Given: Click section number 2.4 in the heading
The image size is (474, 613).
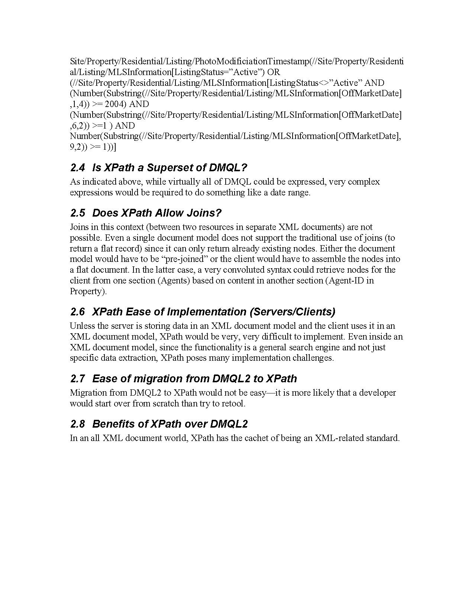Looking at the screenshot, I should [x=77, y=168].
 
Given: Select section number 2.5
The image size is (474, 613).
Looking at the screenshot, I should [x=77, y=213].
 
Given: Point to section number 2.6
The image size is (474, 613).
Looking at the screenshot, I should [x=77, y=312].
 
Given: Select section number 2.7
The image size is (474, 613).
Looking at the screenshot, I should [x=77, y=379].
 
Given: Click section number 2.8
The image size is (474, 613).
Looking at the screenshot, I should [x=77, y=424].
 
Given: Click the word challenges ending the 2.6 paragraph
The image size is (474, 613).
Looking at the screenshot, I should [x=314, y=358].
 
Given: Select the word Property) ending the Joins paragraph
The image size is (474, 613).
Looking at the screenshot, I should [x=88, y=291].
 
